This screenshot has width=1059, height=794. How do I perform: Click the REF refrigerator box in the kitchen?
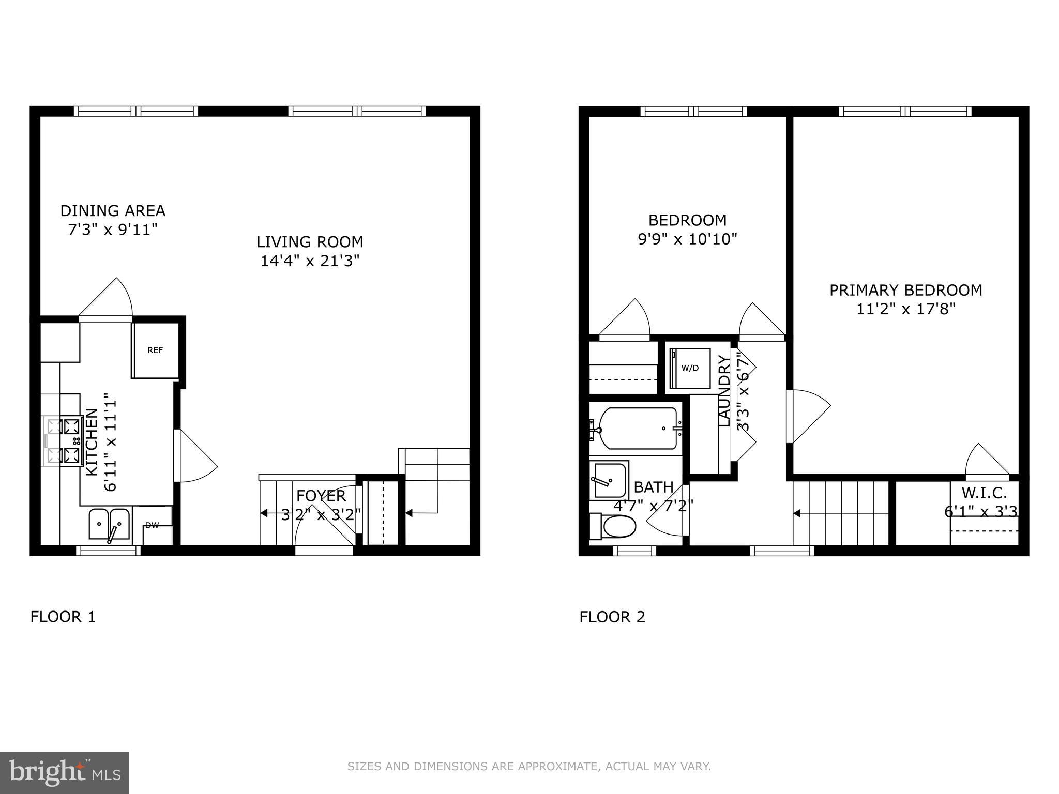[155, 350]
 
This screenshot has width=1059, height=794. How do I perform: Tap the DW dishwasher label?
[152, 526]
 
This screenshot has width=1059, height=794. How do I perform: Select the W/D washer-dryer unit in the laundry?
[690, 368]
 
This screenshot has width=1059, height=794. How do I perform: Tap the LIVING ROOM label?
[310, 242]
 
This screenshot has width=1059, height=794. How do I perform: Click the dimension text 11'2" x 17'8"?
[905, 309]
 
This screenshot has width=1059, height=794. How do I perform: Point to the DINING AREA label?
[113, 211]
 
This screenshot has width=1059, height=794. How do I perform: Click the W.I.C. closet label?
[984, 493]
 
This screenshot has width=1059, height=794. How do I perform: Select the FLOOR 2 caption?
[612, 617]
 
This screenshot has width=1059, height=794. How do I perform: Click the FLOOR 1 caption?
[63, 617]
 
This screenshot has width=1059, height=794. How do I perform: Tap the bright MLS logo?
[64, 772]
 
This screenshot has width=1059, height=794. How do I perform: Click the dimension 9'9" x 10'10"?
[687, 239]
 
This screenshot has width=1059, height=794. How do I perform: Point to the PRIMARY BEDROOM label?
[905, 290]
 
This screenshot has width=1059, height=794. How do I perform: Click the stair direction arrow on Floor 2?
[798, 513]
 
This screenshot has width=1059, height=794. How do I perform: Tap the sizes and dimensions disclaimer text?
[529, 767]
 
